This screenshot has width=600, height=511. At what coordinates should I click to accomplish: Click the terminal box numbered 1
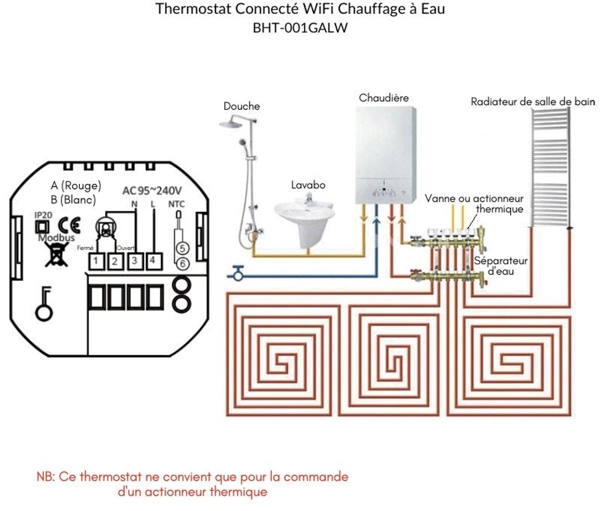click(96, 261)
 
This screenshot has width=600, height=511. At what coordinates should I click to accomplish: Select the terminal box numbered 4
click(153, 260)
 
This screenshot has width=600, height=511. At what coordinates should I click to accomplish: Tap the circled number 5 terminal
click(182, 248)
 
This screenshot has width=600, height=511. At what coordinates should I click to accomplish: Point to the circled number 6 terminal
click(182, 263)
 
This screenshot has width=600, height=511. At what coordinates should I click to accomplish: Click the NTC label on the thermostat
click(176, 204)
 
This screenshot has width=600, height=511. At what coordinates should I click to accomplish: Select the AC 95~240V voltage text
click(152, 190)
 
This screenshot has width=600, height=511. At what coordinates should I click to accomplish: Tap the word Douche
click(241, 106)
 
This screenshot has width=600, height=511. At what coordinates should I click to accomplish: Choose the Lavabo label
click(308, 185)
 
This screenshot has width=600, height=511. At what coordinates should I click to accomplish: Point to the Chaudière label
click(383, 97)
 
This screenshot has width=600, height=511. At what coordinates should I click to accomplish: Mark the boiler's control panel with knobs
click(384, 193)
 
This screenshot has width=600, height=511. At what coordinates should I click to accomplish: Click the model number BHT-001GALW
click(300, 28)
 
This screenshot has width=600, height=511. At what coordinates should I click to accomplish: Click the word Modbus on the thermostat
click(56, 238)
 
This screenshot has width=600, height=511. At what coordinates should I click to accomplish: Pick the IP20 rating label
click(43, 214)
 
